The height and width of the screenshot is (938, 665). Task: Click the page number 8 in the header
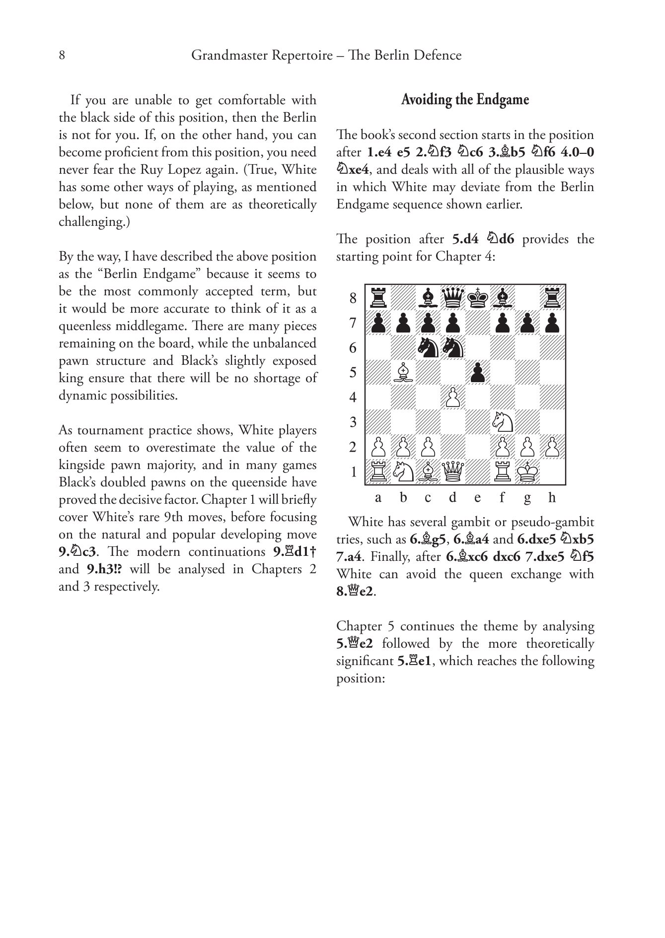(62, 56)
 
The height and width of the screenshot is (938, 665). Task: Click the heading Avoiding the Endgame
(465, 100)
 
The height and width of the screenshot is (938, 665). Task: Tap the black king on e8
(478, 298)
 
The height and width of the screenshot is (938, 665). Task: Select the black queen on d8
(453, 298)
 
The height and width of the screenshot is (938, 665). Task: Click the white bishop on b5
(403, 372)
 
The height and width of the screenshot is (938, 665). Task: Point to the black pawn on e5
(478, 372)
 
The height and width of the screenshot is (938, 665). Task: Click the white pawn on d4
(453, 397)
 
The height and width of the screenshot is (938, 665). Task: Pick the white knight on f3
(503, 422)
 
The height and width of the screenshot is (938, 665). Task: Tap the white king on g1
(527, 471)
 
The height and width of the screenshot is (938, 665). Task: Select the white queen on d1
(453, 471)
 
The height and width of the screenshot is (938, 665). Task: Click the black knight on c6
(428, 347)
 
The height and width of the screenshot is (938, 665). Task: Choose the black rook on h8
(552, 298)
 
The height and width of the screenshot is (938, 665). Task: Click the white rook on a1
(378, 471)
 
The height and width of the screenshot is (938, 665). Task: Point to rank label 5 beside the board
(353, 372)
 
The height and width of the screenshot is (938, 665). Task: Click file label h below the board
(552, 497)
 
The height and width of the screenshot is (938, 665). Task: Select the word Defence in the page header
(439, 56)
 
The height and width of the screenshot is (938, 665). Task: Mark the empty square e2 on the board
(478, 447)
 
